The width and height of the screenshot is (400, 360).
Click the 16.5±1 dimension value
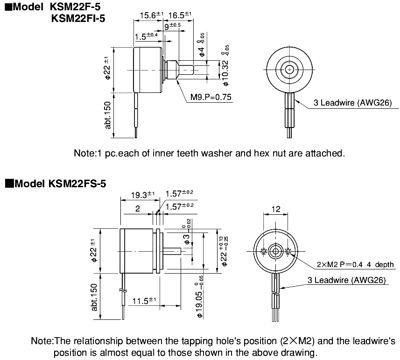(180, 15)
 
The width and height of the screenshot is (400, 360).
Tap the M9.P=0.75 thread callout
(211, 98)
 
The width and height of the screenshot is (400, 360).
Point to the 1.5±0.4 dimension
(146, 35)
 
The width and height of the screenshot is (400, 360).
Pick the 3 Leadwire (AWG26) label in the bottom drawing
(346, 280)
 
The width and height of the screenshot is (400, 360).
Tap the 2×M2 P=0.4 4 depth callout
(355, 265)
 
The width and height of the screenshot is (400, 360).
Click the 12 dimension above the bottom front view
(276, 209)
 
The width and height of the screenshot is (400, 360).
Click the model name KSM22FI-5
(77, 19)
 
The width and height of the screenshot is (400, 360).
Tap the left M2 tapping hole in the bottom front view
(264, 251)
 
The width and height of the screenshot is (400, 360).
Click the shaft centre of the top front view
(289, 70)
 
